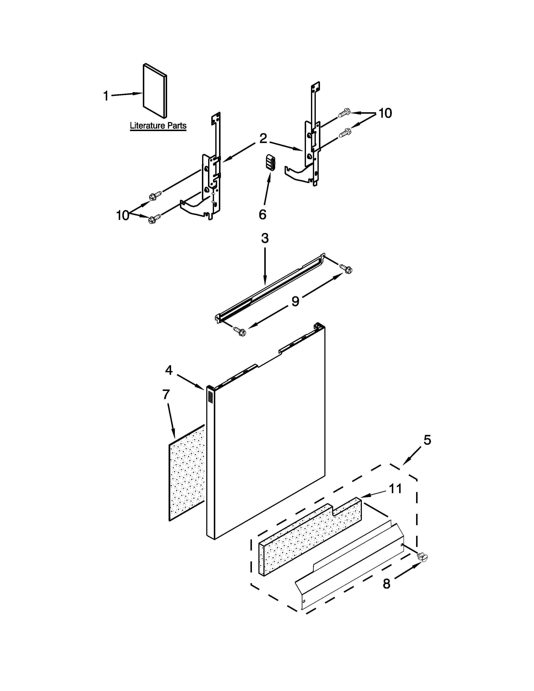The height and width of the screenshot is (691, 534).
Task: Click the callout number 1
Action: [106, 96]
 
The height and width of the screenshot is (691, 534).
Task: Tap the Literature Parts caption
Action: [158, 126]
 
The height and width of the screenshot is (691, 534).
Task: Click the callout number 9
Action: [295, 301]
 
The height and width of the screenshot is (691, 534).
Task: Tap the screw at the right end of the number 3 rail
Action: [347, 269]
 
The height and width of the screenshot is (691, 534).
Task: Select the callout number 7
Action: [166, 394]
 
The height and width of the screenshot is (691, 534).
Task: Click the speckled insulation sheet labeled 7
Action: [187, 474]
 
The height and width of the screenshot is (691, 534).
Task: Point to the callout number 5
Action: [427, 440]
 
